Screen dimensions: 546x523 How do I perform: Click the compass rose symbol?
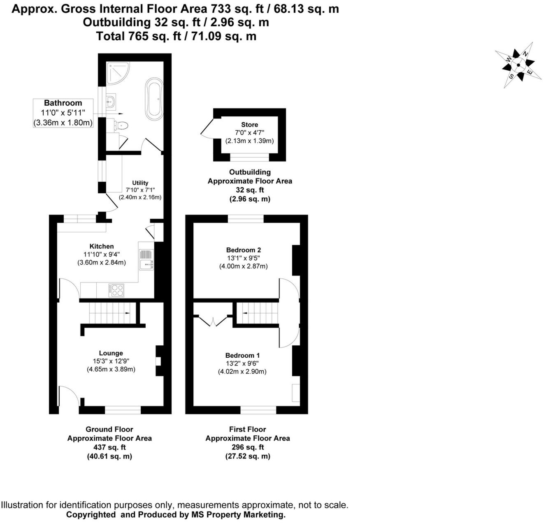click(518, 65)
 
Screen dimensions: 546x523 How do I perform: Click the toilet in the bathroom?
click(122, 125)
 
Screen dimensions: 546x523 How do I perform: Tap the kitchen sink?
click(146, 260)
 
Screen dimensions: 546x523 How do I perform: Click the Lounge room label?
click(111, 353)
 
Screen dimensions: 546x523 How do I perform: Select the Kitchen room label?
click(101, 246)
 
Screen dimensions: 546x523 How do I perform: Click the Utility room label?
click(140, 183)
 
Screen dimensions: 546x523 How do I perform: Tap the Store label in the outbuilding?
click(249, 125)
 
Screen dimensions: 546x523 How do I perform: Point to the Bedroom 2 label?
click(243, 250)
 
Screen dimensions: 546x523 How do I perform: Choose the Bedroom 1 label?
click(242, 355)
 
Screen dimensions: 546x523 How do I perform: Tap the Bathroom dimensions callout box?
click(63, 113)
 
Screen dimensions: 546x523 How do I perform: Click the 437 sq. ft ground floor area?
click(109, 447)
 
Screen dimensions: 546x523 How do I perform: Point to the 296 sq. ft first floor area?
click(247, 447)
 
